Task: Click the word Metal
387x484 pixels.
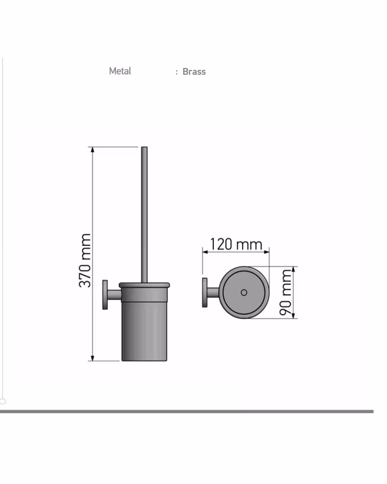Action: click(120, 71)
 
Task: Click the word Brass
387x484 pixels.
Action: click(194, 72)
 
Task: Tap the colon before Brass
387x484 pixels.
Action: click(177, 72)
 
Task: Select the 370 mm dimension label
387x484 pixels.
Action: click(85, 260)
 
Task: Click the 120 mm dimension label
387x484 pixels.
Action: click(236, 244)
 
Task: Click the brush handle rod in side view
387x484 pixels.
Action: click(144, 214)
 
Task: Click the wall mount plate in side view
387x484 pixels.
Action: click(105, 294)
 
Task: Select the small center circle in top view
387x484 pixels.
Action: click(244, 292)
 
